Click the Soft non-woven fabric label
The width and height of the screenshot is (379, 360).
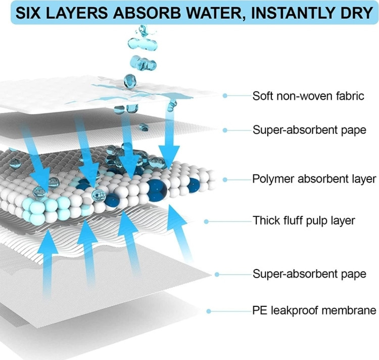(308, 96)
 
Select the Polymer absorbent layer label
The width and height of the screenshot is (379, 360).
(314, 179)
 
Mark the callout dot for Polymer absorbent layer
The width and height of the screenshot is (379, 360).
(225, 179)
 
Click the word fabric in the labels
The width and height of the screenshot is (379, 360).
(351, 96)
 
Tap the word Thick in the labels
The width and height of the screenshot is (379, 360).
(265, 220)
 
